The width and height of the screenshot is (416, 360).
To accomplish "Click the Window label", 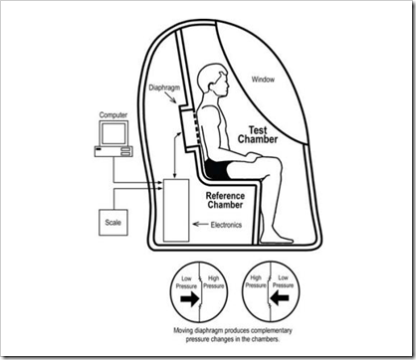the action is point(263,80).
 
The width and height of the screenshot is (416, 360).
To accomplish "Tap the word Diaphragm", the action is point(164,88).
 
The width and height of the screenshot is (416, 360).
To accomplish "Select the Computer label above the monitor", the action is point(113,115).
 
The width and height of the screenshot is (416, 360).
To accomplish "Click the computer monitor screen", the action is point(113,134).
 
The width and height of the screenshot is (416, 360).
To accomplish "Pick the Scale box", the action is point(113,223).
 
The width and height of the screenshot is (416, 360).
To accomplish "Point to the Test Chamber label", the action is point(258,134).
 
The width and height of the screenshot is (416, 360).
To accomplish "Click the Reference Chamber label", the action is point(225,200).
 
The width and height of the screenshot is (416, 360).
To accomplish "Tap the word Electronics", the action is point(226,225).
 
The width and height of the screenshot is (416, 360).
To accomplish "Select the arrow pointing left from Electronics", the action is point(200,224).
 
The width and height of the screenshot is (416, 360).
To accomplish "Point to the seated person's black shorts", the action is point(217,169).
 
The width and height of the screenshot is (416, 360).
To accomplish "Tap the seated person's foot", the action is point(278,238).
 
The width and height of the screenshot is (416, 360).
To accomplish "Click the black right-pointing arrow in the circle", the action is point(190,298).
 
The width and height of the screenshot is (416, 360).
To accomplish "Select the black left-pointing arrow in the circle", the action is point(280,298).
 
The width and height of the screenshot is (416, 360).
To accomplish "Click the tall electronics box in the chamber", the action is point(176,211).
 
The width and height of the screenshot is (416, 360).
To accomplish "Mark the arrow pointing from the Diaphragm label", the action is point(172,97).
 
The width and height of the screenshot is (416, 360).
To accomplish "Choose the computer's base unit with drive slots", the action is point(113,151).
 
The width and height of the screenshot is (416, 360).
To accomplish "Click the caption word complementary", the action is point(272,330).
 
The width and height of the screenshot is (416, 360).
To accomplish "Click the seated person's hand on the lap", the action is point(254,156).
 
